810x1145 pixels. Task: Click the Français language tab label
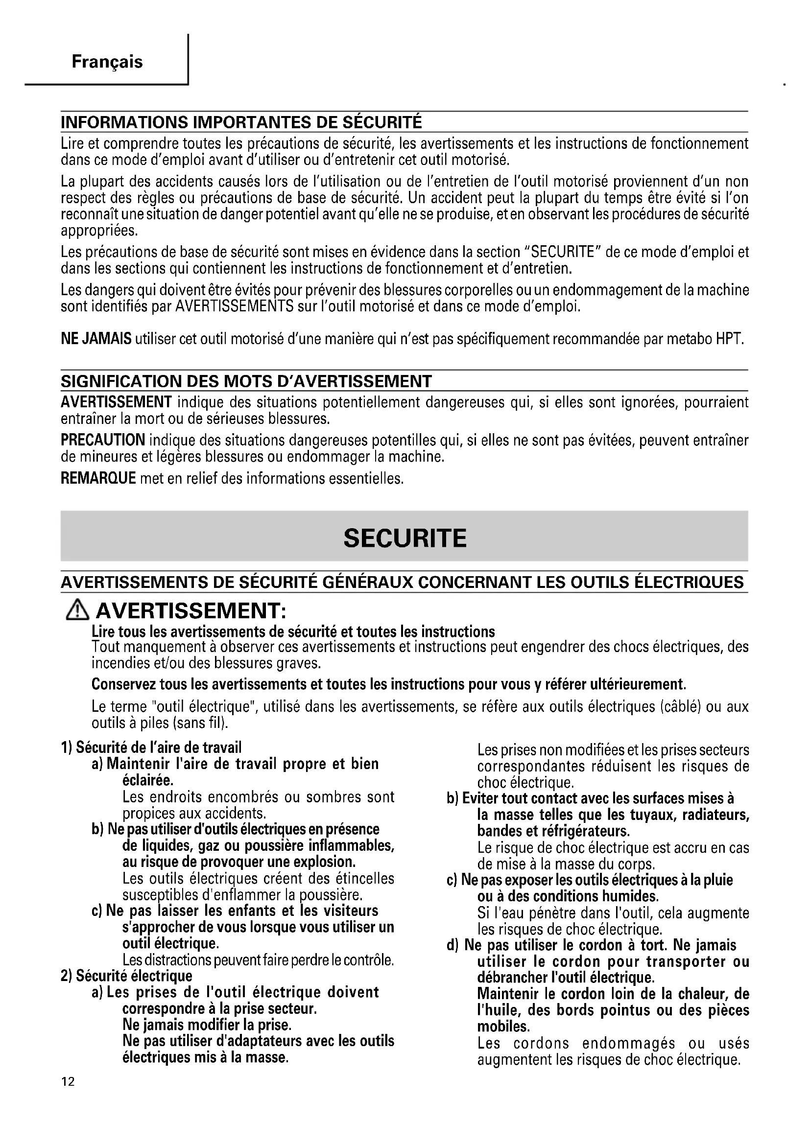pos(107,62)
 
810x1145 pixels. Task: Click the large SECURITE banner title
pos(405,538)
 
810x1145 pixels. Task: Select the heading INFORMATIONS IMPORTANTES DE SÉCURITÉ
pos(241,122)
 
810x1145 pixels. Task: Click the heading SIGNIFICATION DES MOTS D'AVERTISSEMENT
pos(246,381)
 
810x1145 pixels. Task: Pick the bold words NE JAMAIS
pos(96,339)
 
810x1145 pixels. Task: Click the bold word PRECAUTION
pos(103,440)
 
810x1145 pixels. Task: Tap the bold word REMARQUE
pos(98,478)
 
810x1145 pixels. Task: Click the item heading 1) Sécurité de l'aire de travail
pos(151,748)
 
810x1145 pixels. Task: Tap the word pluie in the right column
pos(718,880)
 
